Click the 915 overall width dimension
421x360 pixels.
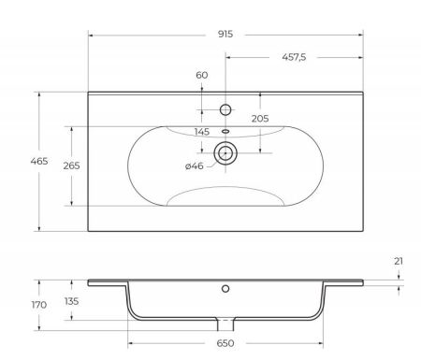tap(225, 34)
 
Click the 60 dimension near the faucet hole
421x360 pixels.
tap(202, 75)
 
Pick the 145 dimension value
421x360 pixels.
tap(202, 131)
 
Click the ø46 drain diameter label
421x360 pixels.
tap(195, 166)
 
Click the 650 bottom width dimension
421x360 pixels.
tap(226, 343)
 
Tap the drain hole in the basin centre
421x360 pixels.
tap(225, 151)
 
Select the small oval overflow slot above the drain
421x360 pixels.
tap(225, 131)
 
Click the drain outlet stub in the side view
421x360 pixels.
tap(225, 324)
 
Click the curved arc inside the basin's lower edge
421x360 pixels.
tap(225, 192)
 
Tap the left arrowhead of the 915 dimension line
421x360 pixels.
tap(92, 34)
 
